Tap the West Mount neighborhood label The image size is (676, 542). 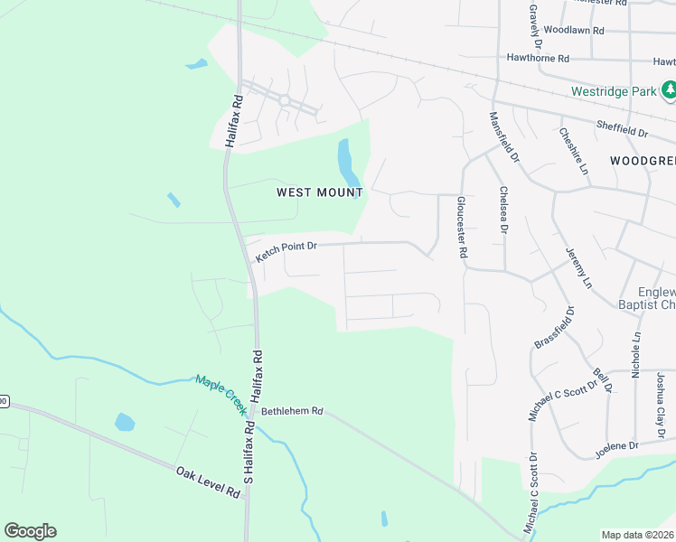coord(319,192)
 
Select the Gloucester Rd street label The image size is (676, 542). coord(461,229)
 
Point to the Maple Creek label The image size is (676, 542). coord(221,394)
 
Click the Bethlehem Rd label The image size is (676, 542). coord(292,411)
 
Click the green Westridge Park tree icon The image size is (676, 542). coord(669,90)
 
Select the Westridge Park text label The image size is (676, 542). coord(614,91)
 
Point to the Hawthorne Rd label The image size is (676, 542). coord(538,58)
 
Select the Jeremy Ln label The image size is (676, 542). coord(578,267)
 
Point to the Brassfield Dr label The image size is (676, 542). coord(555,327)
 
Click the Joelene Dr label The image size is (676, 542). coord(616,446)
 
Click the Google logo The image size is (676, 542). coord(30,531)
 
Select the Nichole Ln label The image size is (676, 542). coord(636,354)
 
